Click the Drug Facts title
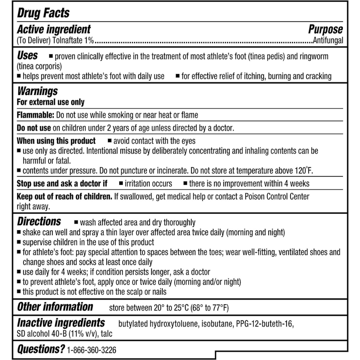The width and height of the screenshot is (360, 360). [x=43, y=13]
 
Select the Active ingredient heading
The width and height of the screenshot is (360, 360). [x=54, y=29]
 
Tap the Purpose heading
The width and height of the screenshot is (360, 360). [x=325, y=29]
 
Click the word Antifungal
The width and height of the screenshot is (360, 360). [x=328, y=41]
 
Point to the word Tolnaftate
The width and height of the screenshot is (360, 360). [x=67, y=41]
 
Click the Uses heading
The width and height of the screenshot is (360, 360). [x=27, y=56]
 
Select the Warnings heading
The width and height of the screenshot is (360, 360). [x=37, y=91]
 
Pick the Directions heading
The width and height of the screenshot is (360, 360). [x=39, y=221]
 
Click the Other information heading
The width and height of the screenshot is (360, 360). [x=55, y=307]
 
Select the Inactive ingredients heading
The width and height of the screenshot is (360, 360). [x=61, y=323]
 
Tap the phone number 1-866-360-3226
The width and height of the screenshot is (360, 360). [x=92, y=350]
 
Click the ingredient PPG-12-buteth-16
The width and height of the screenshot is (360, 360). [x=265, y=324]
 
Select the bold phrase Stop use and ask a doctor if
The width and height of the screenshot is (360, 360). [x=62, y=184]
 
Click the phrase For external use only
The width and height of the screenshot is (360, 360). [x=51, y=102]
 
